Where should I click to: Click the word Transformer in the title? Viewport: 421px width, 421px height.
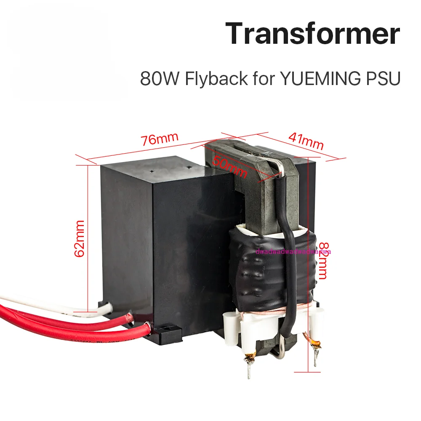click(x=312, y=35)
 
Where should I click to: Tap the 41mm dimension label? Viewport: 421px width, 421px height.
click(x=306, y=141)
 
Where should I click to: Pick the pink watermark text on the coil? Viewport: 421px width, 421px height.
click(x=293, y=252)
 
